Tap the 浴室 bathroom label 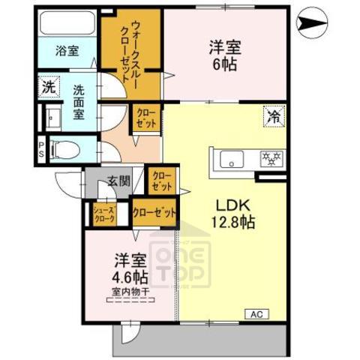67,51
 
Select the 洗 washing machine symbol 48,85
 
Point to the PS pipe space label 40,149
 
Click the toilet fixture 64,149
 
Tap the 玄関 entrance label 118,180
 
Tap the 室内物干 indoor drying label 129,291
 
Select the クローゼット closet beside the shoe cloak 155,212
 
